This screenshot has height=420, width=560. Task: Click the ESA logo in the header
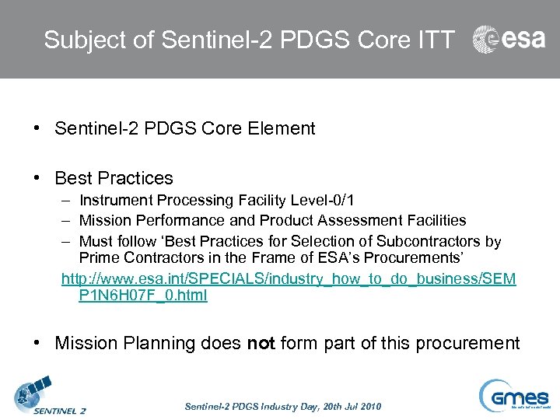coord(509,40)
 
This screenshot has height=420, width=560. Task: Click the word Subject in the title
coord(72,40)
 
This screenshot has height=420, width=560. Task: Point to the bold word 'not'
coord(261,344)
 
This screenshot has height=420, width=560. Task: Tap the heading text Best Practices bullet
coord(114,178)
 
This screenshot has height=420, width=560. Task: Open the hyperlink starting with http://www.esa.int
coord(288,278)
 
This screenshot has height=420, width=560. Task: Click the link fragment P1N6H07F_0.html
coord(143,296)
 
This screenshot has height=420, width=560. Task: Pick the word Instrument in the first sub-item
coord(113,201)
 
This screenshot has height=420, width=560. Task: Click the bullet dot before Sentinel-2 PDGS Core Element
coord(37,129)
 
